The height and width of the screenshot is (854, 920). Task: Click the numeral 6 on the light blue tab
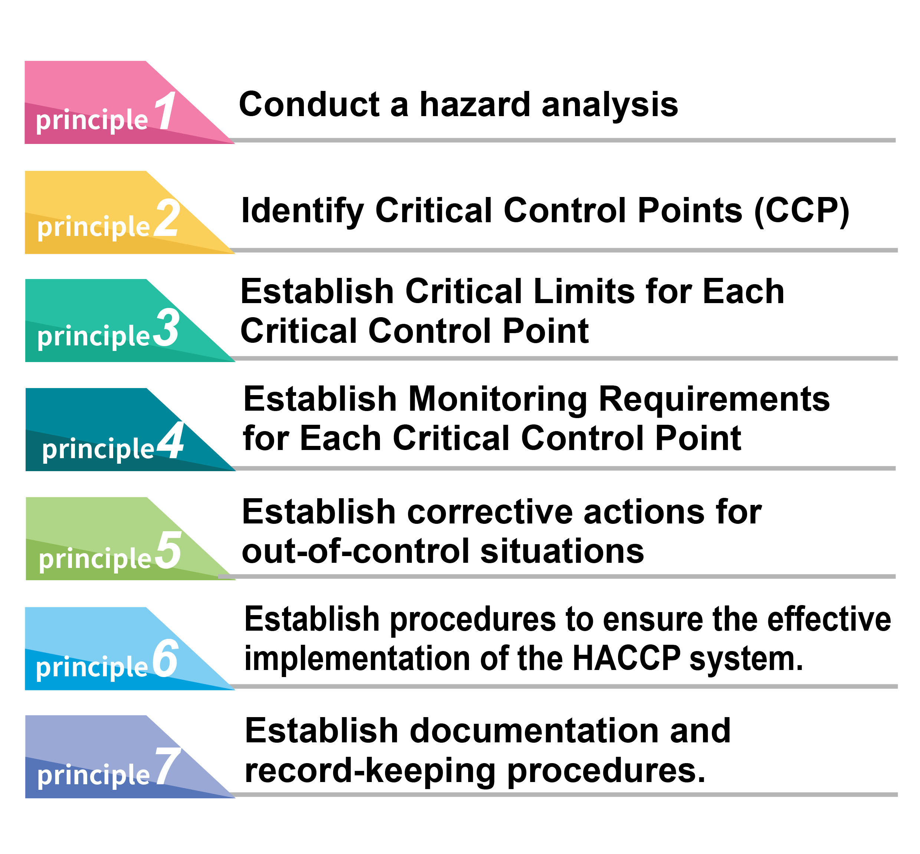(165, 659)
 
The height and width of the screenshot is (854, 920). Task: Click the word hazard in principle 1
(475, 105)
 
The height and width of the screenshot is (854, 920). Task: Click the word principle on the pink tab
(92, 121)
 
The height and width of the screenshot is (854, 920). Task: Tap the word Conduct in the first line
(309, 105)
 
